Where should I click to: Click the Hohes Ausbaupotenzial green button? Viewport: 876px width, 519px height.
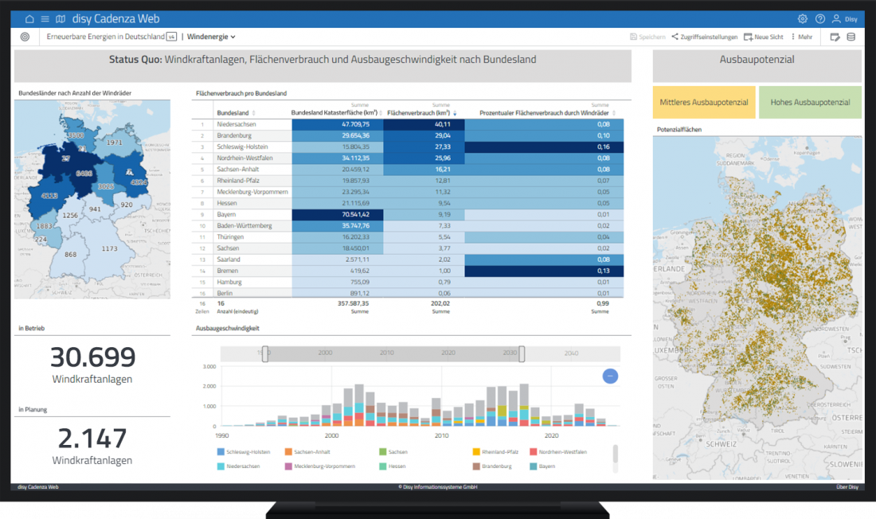click(x=809, y=103)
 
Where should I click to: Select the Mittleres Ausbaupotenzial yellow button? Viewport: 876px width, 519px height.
click(x=704, y=103)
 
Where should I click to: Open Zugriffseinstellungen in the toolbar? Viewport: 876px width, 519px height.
click(x=703, y=37)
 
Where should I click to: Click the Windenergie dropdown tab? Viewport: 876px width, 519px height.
click(x=211, y=37)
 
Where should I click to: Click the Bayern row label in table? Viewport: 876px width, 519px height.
click(x=226, y=215)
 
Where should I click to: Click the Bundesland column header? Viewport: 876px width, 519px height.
click(x=233, y=112)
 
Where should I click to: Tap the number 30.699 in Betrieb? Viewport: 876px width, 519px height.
click(x=92, y=357)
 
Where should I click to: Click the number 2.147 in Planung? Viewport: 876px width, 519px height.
click(x=92, y=439)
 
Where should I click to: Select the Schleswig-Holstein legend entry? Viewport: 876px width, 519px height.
click(x=243, y=452)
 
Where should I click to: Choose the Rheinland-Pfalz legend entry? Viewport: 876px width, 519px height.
click(x=499, y=452)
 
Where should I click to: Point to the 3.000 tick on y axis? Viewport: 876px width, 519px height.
click(x=209, y=367)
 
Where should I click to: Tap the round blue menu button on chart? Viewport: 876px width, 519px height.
click(x=610, y=377)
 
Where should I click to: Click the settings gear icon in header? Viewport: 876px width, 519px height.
click(x=802, y=18)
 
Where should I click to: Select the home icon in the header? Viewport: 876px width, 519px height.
click(x=29, y=18)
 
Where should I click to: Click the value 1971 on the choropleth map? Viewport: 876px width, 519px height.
click(x=115, y=142)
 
